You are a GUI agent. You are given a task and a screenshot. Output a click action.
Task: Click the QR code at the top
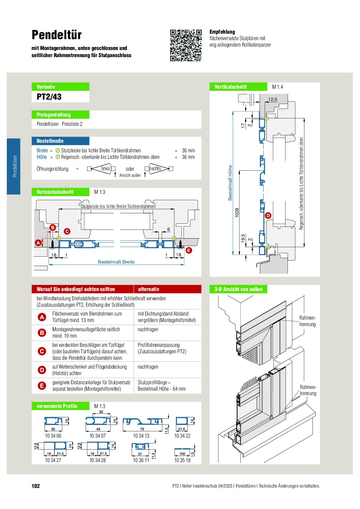(186, 45)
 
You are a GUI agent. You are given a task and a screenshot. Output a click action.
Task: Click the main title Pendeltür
(56, 35)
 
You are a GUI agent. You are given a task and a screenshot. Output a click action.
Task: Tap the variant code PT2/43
(49, 97)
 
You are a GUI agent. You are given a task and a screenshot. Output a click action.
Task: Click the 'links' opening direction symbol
(101, 169)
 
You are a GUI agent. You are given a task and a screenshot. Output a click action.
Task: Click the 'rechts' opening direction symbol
(159, 169)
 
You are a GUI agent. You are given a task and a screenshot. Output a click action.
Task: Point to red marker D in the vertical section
(268, 216)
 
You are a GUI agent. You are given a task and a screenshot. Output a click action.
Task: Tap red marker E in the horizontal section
(189, 250)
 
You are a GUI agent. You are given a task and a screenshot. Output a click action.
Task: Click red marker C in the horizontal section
(67, 231)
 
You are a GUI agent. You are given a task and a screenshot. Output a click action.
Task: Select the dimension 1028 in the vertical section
(237, 213)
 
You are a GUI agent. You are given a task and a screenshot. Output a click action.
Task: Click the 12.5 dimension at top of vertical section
(273, 99)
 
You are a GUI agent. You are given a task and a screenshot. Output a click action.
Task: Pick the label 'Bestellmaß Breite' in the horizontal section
(116, 262)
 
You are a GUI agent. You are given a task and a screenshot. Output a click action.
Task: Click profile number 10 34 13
(141, 436)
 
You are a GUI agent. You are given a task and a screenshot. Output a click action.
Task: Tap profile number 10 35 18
(182, 460)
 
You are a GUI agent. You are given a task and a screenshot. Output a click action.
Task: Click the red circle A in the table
(42, 317)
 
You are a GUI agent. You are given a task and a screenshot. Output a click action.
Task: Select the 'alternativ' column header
(148, 289)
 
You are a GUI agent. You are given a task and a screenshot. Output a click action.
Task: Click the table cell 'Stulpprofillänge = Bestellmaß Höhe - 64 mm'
(162, 386)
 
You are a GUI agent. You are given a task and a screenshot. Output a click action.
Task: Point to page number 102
(36, 486)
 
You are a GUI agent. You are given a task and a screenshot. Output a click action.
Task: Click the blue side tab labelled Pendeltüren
(14, 166)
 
